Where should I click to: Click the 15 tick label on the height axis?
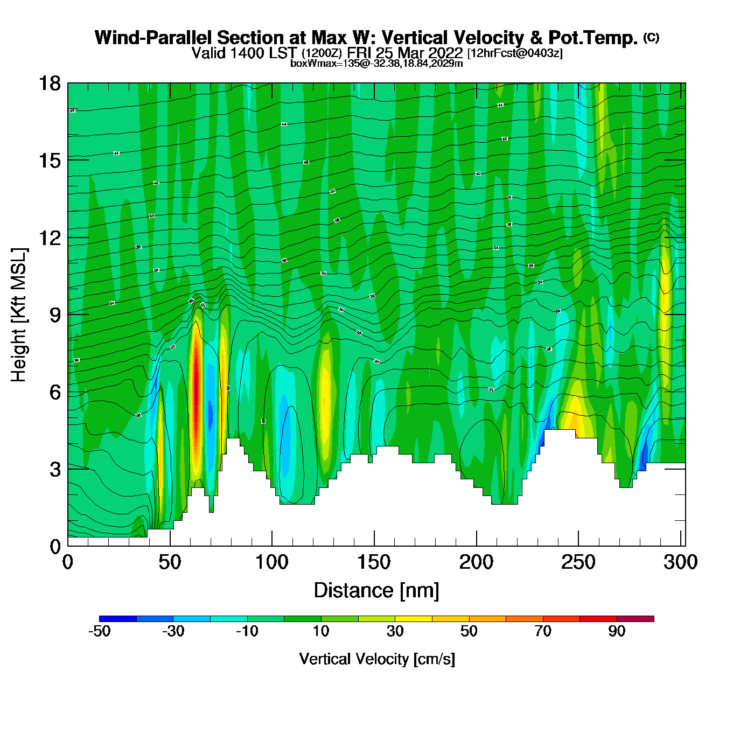coord(49,160)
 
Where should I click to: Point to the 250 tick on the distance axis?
coord(578,562)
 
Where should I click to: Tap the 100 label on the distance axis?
coord(271,562)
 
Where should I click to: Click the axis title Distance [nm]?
coord(376,590)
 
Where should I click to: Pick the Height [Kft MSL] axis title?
coord(19,315)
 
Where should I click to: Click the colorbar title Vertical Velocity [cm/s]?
coord(377,659)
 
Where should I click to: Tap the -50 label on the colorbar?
coord(99,631)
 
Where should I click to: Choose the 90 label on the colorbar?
coord(617,631)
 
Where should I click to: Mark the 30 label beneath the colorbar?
coord(395,631)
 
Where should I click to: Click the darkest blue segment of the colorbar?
coord(118,619)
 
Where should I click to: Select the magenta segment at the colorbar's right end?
coord(636,619)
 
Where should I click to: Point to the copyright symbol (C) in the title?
coord(651,37)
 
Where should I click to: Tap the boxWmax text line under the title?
coord(376,64)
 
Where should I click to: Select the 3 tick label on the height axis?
coord(55,469)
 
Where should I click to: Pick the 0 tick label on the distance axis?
coord(68,562)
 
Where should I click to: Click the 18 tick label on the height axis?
coord(49,83)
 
